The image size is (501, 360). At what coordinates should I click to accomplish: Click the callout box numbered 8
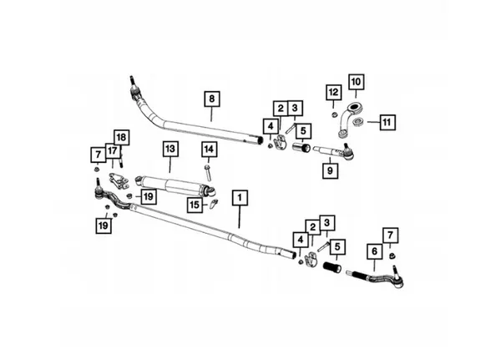point(212,99)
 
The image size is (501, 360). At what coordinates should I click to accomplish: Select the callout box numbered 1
point(240,198)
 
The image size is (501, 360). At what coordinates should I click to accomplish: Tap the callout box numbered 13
point(170,149)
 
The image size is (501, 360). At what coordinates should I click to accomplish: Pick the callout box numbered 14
point(209,150)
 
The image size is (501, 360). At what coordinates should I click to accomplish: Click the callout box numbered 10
point(356,82)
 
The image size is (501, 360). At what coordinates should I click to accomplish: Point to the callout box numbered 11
point(387,123)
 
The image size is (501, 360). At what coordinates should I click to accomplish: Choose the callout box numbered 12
point(333,93)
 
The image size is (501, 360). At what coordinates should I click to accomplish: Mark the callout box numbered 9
point(330,170)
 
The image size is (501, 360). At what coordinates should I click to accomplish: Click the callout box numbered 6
point(374,251)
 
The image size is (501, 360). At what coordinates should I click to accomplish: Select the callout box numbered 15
point(195,205)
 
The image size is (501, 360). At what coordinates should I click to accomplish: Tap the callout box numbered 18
point(121,138)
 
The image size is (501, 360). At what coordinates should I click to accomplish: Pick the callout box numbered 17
point(112,151)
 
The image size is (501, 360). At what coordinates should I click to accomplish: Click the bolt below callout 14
point(208,173)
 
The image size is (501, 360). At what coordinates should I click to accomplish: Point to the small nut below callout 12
point(334,115)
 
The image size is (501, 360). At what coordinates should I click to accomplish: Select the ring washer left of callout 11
point(357,121)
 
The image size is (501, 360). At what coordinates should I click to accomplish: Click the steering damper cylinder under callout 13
point(175,186)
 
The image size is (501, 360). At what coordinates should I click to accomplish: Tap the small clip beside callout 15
point(214,203)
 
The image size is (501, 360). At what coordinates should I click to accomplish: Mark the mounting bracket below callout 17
point(119,181)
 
